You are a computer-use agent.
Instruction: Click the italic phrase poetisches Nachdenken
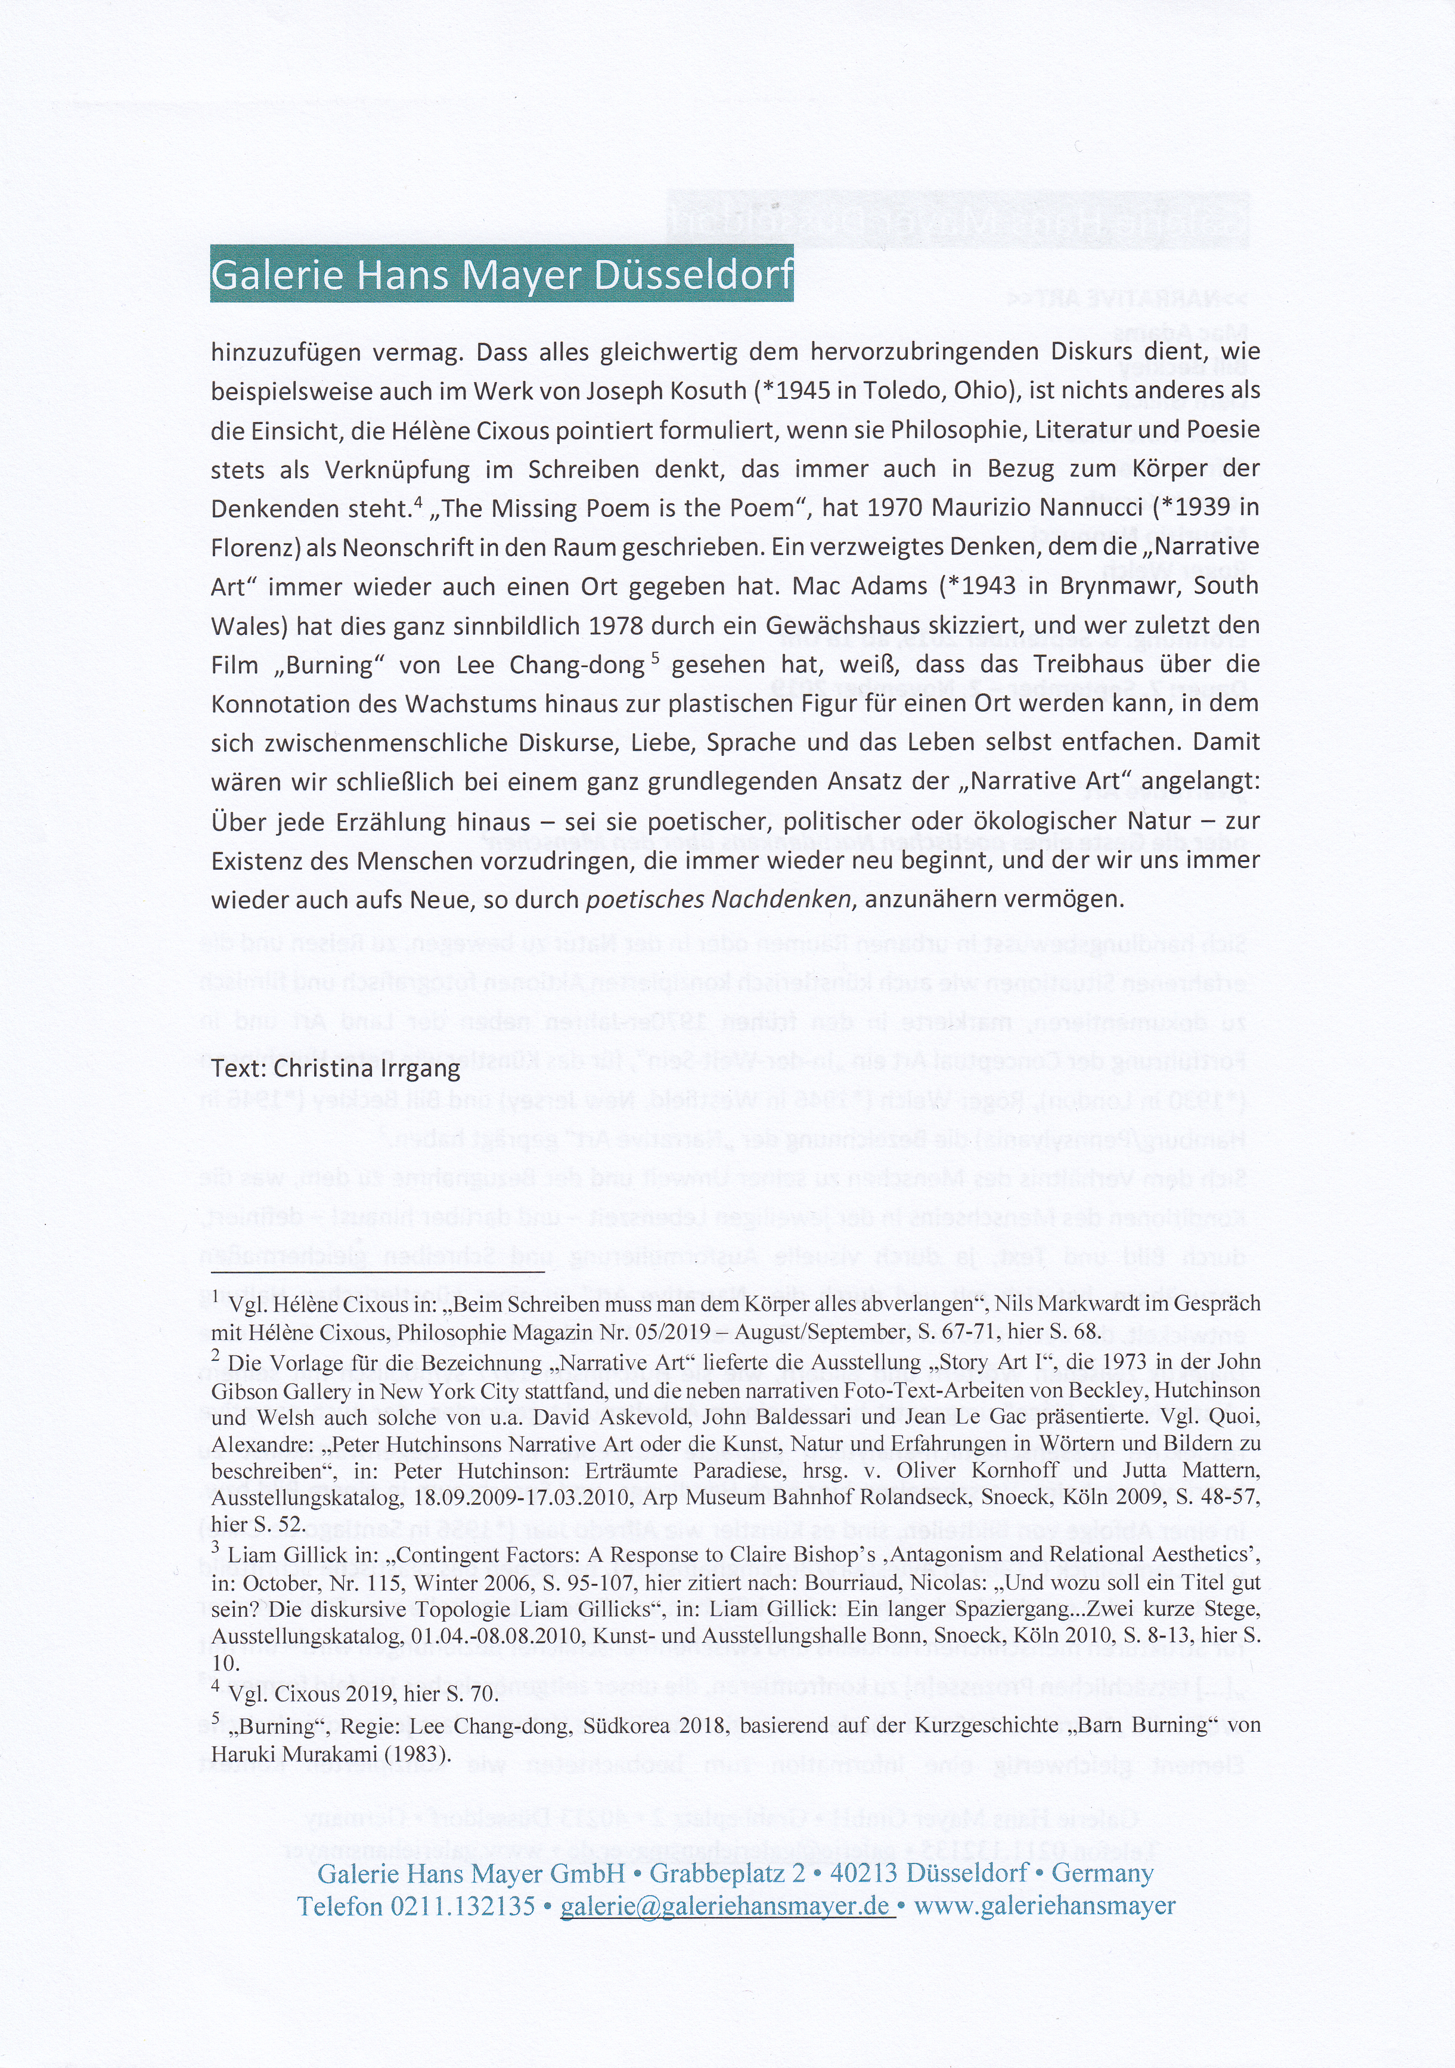pos(718,900)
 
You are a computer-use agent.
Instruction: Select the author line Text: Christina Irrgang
pos(336,1069)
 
